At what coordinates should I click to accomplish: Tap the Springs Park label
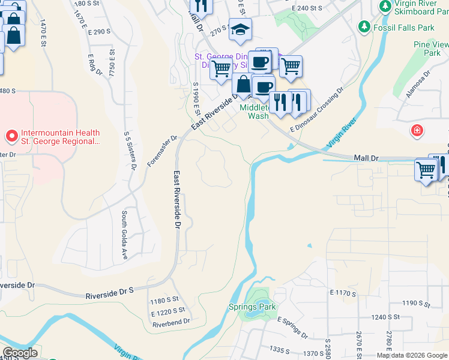(x=252, y=307)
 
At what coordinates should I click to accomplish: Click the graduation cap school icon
(x=240, y=30)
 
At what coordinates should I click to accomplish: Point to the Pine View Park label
(x=431, y=49)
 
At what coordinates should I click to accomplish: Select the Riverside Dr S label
(x=109, y=295)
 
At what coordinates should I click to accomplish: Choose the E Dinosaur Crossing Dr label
(x=316, y=109)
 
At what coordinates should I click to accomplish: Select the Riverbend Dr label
(x=171, y=322)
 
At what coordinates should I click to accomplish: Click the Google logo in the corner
(x=20, y=353)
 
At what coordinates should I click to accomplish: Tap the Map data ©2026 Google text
(x=411, y=355)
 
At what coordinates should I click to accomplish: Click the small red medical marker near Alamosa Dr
(x=417, y=130)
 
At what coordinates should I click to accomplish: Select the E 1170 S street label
(x=343, y=293)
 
